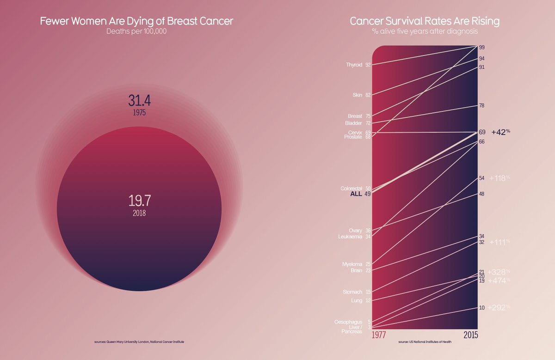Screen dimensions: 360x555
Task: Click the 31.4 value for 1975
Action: [x=140, y=100]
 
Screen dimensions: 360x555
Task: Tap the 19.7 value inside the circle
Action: [x=140, y=201]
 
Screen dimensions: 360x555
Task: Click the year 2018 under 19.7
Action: [x=140, y=213]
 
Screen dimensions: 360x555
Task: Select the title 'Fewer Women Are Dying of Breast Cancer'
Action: [x=136, y=21]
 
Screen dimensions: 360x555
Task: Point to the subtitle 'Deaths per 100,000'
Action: [x=136, y=31]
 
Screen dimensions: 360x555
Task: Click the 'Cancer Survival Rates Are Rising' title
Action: [x=425, y=21]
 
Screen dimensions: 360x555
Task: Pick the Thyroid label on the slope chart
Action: [x=354, y=65]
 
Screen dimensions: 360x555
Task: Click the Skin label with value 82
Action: [x=358, y=95]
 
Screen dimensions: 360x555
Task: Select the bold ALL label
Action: [x=357, y=194]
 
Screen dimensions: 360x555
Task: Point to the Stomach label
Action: [x=353, y=292]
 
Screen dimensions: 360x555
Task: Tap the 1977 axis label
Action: [x=379, y=335]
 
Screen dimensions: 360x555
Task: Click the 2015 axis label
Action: [x=470, y=335]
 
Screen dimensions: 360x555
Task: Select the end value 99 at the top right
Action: [x=481, y=48]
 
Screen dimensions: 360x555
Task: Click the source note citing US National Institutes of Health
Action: [x=425, y=342]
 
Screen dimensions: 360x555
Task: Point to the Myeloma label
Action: [x=352, y=264]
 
